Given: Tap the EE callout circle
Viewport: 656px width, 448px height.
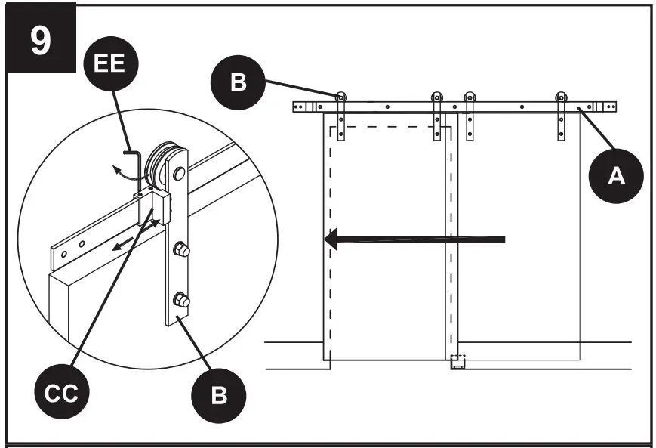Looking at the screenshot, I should [110, 63].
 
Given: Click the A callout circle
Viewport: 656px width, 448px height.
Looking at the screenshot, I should [617, 176].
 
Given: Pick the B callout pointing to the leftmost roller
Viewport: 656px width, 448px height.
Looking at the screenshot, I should [238, 81].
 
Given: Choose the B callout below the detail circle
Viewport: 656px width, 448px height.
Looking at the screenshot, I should [218, 395].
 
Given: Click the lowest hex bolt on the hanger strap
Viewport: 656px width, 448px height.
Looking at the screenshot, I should [182, 300].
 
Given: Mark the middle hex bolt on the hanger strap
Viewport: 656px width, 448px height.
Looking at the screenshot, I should [182, 249].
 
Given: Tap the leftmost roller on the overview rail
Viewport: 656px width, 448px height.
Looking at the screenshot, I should [341, 97].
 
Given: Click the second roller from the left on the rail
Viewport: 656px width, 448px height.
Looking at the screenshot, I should [436, 97].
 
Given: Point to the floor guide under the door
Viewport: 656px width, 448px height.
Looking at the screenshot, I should [458, 362].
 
